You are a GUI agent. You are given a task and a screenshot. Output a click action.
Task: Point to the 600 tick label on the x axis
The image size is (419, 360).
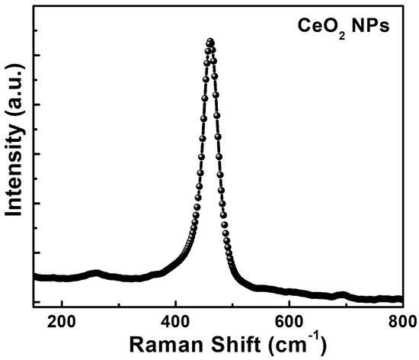click(x=289, y=321)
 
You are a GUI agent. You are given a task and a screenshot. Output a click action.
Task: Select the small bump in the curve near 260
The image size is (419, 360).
click(x=95, y=273)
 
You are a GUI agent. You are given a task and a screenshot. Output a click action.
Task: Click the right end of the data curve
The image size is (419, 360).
click(x=401, y=300)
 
